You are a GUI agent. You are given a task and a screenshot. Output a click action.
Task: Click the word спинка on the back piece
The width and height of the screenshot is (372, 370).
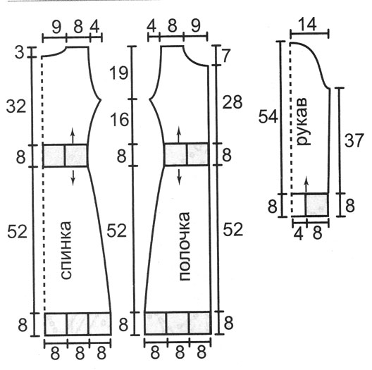coord(66,250)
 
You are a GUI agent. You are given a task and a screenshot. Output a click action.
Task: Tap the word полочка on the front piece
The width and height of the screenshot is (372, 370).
coord(185,247)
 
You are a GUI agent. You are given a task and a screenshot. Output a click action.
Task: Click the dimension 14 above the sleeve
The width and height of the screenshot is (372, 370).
coord(307,25)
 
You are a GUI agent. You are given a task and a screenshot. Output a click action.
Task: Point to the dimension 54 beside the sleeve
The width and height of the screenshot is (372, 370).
coord(268,116)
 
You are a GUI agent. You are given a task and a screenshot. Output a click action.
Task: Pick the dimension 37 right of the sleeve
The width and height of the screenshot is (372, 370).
coord(354,140)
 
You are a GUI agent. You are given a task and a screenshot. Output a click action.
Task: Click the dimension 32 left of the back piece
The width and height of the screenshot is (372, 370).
coord(16,106)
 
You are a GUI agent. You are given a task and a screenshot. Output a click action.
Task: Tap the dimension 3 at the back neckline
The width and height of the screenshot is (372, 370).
coord(19,53)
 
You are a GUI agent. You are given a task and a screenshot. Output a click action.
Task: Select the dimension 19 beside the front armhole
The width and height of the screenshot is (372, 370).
coord(118,73)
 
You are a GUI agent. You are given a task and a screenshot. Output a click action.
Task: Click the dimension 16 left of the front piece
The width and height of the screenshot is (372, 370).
coord(119,119)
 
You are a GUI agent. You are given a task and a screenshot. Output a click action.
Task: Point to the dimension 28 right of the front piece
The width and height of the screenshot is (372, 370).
coord(232,102)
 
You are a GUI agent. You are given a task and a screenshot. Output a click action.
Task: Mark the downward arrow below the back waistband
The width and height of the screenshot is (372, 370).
coord(73,178)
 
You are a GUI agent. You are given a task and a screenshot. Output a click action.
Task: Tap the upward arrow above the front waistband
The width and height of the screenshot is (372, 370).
coord(179,135)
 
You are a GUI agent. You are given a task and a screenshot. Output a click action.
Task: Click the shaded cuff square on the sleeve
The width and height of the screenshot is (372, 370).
coord(317,204)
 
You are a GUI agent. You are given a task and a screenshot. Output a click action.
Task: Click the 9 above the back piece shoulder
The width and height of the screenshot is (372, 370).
coord(56,27)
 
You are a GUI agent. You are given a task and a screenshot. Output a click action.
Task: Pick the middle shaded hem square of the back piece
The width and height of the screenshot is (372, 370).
coord(77,324)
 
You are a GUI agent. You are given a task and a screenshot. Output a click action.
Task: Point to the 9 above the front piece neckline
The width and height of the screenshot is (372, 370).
coord(196,26)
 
